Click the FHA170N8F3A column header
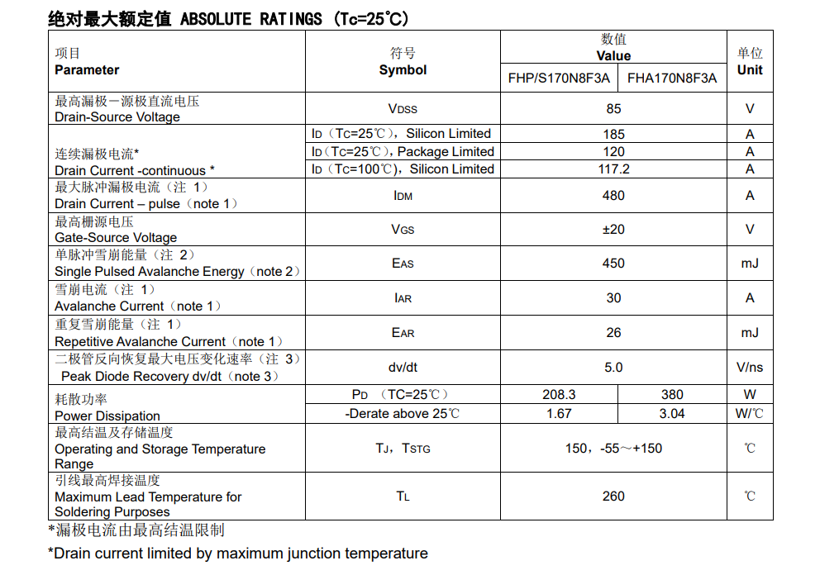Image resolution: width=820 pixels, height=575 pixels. (672, 78)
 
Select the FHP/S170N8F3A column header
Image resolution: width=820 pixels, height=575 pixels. (559, 78)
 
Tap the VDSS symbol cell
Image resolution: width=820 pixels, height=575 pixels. (403, 109)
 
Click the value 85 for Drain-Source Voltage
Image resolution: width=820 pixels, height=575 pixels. (613, 109)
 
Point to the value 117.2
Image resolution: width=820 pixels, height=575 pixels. (613, 169)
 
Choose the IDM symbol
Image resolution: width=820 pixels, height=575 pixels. (403, 196)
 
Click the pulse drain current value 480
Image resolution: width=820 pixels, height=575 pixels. (613, 196)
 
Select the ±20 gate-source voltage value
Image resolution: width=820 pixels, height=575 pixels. (613, 230)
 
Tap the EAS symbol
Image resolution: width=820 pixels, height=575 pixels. (403, 264)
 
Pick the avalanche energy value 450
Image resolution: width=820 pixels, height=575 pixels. (613, 264)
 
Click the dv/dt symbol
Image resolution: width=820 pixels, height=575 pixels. (403, 368)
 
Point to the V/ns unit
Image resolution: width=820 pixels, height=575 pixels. (750, 368)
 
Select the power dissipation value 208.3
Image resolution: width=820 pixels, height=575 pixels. (559, 395)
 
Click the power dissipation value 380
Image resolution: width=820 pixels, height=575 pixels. (672, 395)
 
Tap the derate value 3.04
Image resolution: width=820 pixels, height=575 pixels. (672, 414)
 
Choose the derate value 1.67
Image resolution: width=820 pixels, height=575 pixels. (559, 414)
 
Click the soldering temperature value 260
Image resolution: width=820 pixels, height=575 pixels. (613, 497)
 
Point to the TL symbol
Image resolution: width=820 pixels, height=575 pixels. (403, 497)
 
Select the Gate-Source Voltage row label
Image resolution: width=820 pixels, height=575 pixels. (116, 238)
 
